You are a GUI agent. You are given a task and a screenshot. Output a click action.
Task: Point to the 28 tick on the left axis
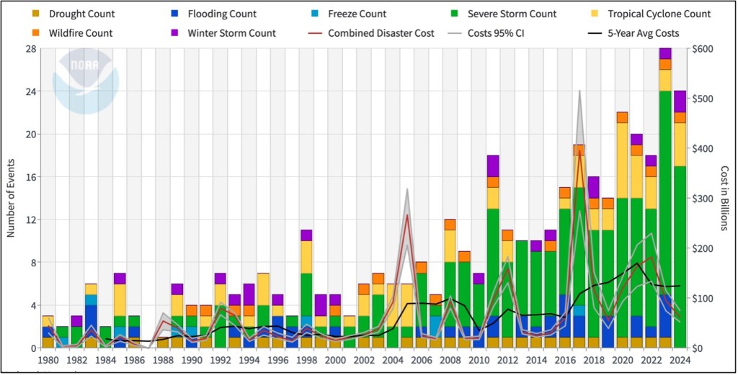[x=31, y=49]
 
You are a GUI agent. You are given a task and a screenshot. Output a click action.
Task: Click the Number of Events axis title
[x=12, y=198]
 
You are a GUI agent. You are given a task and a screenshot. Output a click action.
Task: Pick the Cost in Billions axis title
[x=726, y=198]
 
